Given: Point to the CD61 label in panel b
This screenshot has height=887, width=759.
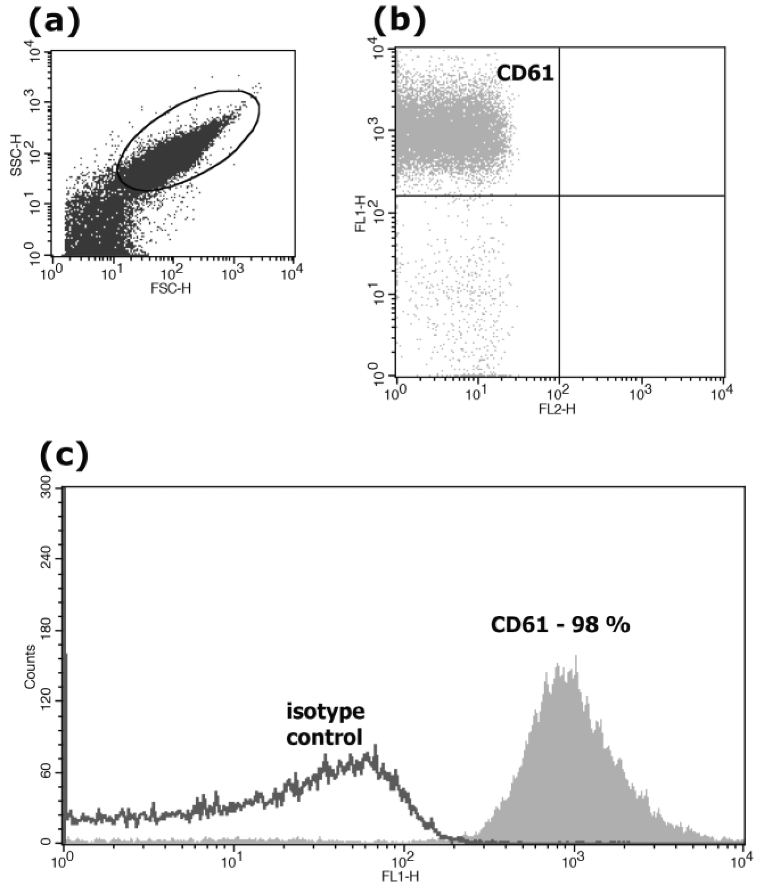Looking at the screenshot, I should tap(525, 74).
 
